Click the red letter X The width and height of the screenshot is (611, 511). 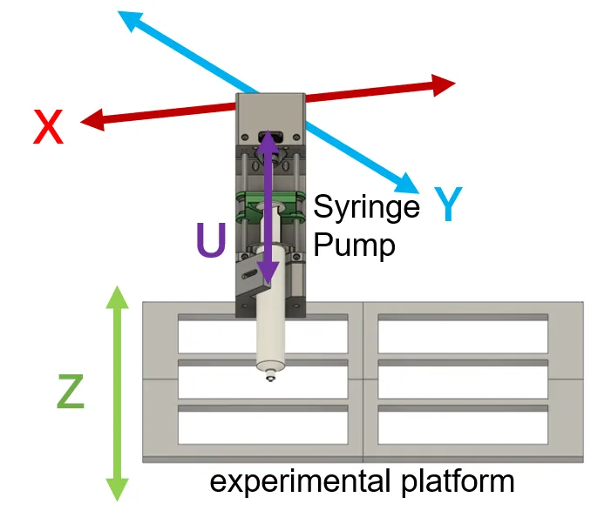pos(49,129)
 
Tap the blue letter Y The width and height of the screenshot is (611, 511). pos(447,205)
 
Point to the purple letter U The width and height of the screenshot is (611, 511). pos(211,240)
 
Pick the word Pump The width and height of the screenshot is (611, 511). pos(354,245)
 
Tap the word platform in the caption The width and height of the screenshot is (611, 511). pos(460,481)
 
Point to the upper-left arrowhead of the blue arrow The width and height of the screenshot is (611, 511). pos(129,19)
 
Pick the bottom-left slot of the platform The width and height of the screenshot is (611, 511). pos(262,426)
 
